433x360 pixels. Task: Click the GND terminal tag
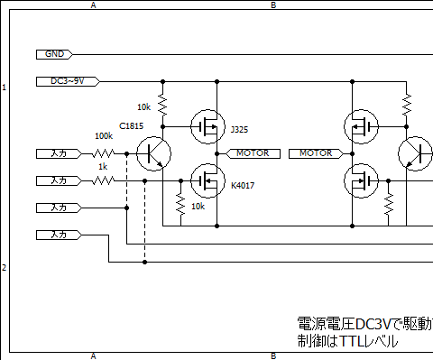pos(54,54)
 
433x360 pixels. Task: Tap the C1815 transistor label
pos(132,126)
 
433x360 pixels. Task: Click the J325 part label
pos(239,129)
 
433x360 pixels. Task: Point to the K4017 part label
pos(243,186)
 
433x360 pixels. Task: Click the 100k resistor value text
pos(104,136)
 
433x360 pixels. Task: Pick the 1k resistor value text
pos(103,167)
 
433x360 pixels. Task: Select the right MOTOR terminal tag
pos(315,153)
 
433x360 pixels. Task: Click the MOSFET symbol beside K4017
pos(207,180)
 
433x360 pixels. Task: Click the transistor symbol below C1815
pos(153,154)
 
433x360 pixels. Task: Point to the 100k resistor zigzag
pos(104,153)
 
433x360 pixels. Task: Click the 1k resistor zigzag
pos(104,180)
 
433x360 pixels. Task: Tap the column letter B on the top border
pos(273,5)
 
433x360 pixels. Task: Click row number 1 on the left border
pos(5,88)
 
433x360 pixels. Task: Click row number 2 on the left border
pos(5,268)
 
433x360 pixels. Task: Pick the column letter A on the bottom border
pos(93,355)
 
